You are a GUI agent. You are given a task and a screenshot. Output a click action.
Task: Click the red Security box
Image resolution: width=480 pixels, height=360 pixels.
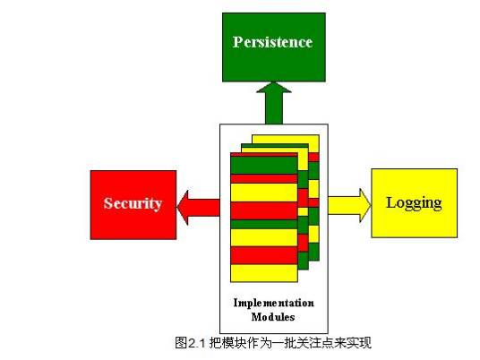(x=133, y=203)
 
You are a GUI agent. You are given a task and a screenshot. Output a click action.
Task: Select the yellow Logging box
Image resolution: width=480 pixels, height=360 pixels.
(x=414, y=202)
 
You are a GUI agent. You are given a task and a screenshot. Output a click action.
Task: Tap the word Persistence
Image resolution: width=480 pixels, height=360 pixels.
(x=273, y=42)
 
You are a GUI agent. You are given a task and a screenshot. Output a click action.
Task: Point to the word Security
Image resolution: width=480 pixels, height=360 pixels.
(x=133, y=203)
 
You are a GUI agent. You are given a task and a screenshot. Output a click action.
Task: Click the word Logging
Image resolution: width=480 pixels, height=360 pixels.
(x=414, y=202)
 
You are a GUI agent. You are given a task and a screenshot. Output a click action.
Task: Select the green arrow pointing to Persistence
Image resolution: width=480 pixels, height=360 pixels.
(x=274, y=103)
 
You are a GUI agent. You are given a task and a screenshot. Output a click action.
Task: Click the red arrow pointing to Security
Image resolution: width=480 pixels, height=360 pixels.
(x=199, y=206)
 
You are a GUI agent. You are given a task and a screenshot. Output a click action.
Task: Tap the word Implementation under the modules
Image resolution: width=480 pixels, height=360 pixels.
(x=274, y=303)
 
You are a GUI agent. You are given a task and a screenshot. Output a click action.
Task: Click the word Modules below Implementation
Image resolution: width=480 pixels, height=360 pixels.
(x=274, y=316)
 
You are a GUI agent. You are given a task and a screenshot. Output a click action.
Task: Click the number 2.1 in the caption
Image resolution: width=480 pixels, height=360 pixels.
(x=194, y=342)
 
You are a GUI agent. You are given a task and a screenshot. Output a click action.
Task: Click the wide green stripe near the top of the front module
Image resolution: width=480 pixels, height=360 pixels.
(x=263, y=166)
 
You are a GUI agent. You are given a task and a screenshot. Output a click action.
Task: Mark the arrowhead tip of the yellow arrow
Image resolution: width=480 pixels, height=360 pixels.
(x=369, y=203)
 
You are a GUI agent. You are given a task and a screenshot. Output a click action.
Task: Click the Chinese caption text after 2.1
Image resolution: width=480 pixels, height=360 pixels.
(x=287, y=342)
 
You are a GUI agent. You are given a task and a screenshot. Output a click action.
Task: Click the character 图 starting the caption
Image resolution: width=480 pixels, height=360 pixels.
(x=180, y=342)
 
